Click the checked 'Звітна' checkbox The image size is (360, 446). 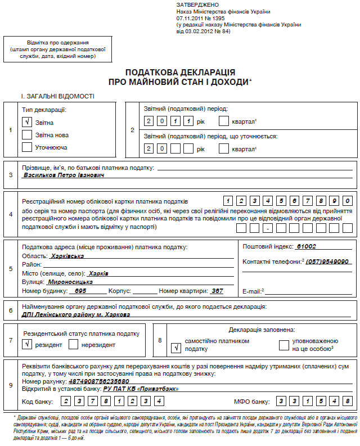[26, 122]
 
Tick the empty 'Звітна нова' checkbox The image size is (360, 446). [26, 135]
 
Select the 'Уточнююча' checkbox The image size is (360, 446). [26, 147]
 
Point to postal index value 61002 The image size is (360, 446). [306, 246]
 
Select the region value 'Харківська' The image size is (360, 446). [67, 255]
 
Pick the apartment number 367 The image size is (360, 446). [217, 291]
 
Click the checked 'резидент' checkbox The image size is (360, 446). [26, 344]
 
